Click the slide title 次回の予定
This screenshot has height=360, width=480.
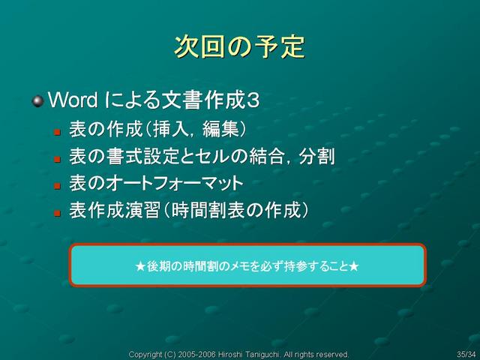coord(240,46)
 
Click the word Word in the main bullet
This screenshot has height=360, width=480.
coord(73,100)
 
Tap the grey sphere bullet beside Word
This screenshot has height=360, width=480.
coord(38,101)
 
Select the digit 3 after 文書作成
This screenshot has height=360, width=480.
coord(253,100)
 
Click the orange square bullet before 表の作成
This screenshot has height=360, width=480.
coord(57,132)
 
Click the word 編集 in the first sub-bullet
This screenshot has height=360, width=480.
coord(220,129)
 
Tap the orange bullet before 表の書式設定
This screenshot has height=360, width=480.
coord(57,159)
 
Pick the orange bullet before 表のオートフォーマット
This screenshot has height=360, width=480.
coord(57,186)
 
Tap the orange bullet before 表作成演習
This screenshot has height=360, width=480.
coord(57,213)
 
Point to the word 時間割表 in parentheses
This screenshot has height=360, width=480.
coord(208,210)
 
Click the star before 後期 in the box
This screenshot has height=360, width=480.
coord(140,266)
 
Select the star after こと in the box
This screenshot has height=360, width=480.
coord(353,266)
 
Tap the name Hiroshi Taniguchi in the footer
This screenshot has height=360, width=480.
coord(248,355)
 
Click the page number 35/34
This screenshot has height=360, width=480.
coord(466,355)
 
